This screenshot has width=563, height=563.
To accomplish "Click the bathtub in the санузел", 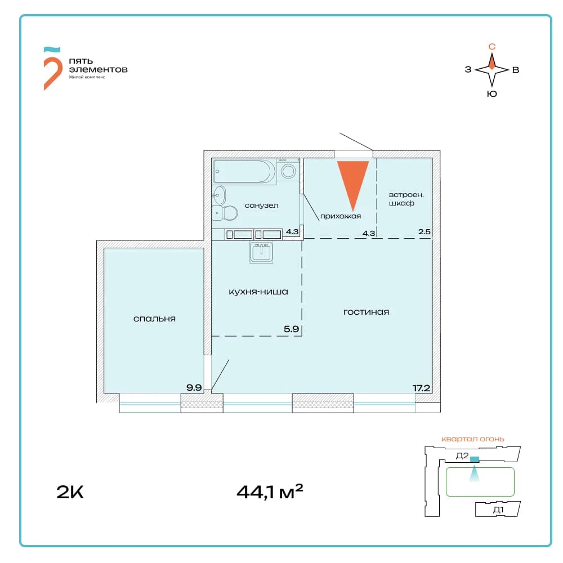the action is point(244,171).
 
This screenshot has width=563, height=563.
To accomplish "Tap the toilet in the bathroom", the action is point(225,213).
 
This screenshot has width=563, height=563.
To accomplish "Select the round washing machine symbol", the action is point(288,171).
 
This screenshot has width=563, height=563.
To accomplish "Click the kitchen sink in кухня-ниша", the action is point(261,252).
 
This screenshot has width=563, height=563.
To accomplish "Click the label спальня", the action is point(154,319).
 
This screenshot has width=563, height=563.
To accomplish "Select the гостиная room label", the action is point(367,312).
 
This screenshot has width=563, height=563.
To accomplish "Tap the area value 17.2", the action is point(421,388).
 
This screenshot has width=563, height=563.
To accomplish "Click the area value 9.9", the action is point(194,388).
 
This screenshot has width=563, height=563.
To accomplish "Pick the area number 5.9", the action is point(291,329).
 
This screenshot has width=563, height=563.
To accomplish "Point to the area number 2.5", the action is point(424,231).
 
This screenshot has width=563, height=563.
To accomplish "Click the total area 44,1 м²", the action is point(270,491).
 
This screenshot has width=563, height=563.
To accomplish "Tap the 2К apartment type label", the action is point(70,492).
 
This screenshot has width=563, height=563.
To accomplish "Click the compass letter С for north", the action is point(492,47).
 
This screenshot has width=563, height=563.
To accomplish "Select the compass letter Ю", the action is point(492,94).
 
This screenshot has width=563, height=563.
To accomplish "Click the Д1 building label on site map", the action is point(498,510).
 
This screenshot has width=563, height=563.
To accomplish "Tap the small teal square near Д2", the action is point(475,459).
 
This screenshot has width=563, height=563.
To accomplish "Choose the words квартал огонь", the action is point(472,439).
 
